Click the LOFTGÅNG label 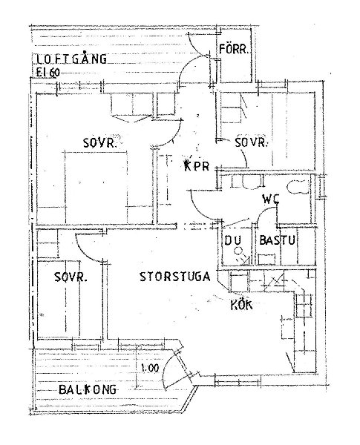coord(71,59)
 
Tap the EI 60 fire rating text coord(48,73)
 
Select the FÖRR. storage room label coord(234,49)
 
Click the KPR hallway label coord(197,165)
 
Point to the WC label coord(271,200)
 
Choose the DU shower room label coord(233,240)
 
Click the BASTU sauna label coord(278,240)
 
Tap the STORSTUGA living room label coord(175,277)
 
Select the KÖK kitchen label coord(241,305)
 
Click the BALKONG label coord(88,389)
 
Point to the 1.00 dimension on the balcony coord(150,368)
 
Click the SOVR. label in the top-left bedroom coord(100,142)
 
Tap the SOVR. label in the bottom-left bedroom coord(71,277)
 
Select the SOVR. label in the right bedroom coord(251,142)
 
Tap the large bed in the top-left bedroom coord(96,188)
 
